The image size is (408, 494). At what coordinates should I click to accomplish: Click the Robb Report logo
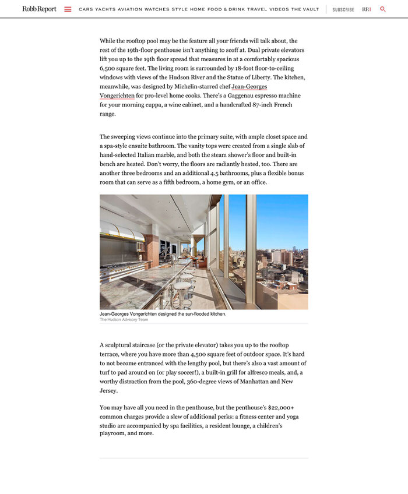click(40, 9)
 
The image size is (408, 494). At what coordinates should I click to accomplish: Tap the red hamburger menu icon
click(68, 9)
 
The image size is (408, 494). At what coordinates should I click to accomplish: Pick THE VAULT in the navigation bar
click(305, 9)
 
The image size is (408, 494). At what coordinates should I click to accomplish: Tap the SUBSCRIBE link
click(343, 9)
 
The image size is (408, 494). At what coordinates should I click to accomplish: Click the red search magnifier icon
click(383, 9)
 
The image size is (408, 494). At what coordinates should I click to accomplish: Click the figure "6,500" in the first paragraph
click(110, 68)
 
